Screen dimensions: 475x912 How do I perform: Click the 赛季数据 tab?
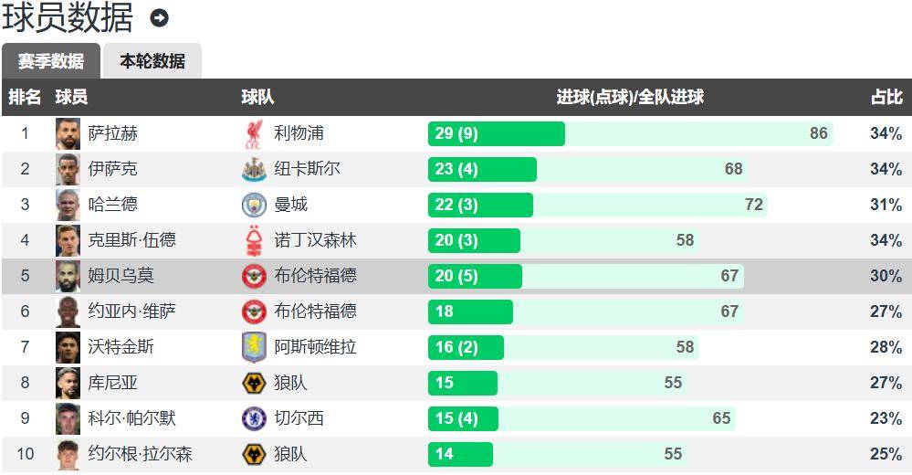[x=51, y=61]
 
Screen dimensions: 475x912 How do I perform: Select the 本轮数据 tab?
[x=152, y=61]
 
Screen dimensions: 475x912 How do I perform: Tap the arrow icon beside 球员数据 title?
[x=160, y=18]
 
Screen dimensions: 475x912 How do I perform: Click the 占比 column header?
[x=886, y=97]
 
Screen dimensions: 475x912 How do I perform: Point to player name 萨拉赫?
[x=113, y=133]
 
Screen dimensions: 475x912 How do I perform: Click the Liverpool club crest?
[x=254, y=133]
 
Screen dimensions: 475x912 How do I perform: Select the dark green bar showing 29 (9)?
[x=496, y=133]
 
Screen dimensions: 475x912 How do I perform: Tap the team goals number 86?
[x=819, y=133]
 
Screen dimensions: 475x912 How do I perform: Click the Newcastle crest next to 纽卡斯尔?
[x=254, y=169]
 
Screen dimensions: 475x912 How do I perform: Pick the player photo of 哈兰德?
[x=68, y=205]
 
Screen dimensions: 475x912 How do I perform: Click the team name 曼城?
[x=291, y=205]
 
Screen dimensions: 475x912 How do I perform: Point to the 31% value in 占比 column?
[x=886, y=205]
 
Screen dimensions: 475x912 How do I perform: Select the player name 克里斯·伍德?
[x=132, y=240]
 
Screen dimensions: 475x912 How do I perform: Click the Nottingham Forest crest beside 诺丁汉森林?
[x=254, y=240]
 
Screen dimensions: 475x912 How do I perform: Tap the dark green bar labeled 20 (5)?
[x=475, y=276]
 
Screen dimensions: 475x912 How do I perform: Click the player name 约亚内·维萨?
[x=132, y=311]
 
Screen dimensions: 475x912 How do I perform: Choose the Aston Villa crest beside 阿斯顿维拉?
[x=254, y=347]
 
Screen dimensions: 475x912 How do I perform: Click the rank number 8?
[x=26, y=383]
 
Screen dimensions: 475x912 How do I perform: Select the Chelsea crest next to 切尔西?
[x=254, y=418]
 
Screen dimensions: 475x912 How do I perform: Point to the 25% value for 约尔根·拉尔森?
[x=886, y=454]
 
